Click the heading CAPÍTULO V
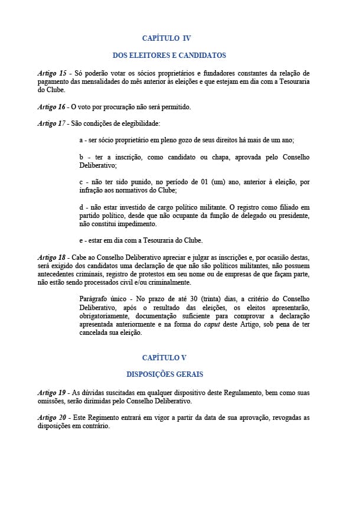tap(165, 357)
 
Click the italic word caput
tap(212, 324)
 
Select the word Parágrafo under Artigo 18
tap(94, 299)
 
